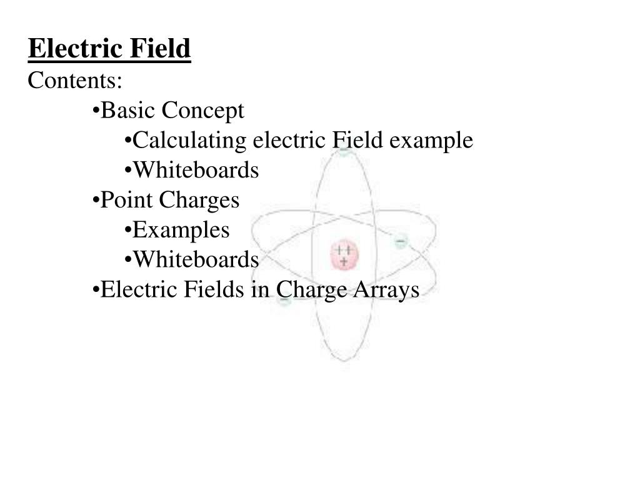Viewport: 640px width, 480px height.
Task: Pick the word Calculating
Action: coord(191,141)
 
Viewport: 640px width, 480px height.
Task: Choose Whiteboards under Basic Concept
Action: coord(196,170)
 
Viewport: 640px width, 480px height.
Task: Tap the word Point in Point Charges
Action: coord(127,200)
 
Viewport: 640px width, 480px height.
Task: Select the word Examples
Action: coord(181,230)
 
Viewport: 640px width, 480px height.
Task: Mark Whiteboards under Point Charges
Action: coord(196,259)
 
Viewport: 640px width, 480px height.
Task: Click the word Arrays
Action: coord(392,290)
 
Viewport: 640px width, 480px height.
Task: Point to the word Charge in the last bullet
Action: coord(307,290)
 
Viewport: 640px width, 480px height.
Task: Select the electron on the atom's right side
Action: coord(401,241)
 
